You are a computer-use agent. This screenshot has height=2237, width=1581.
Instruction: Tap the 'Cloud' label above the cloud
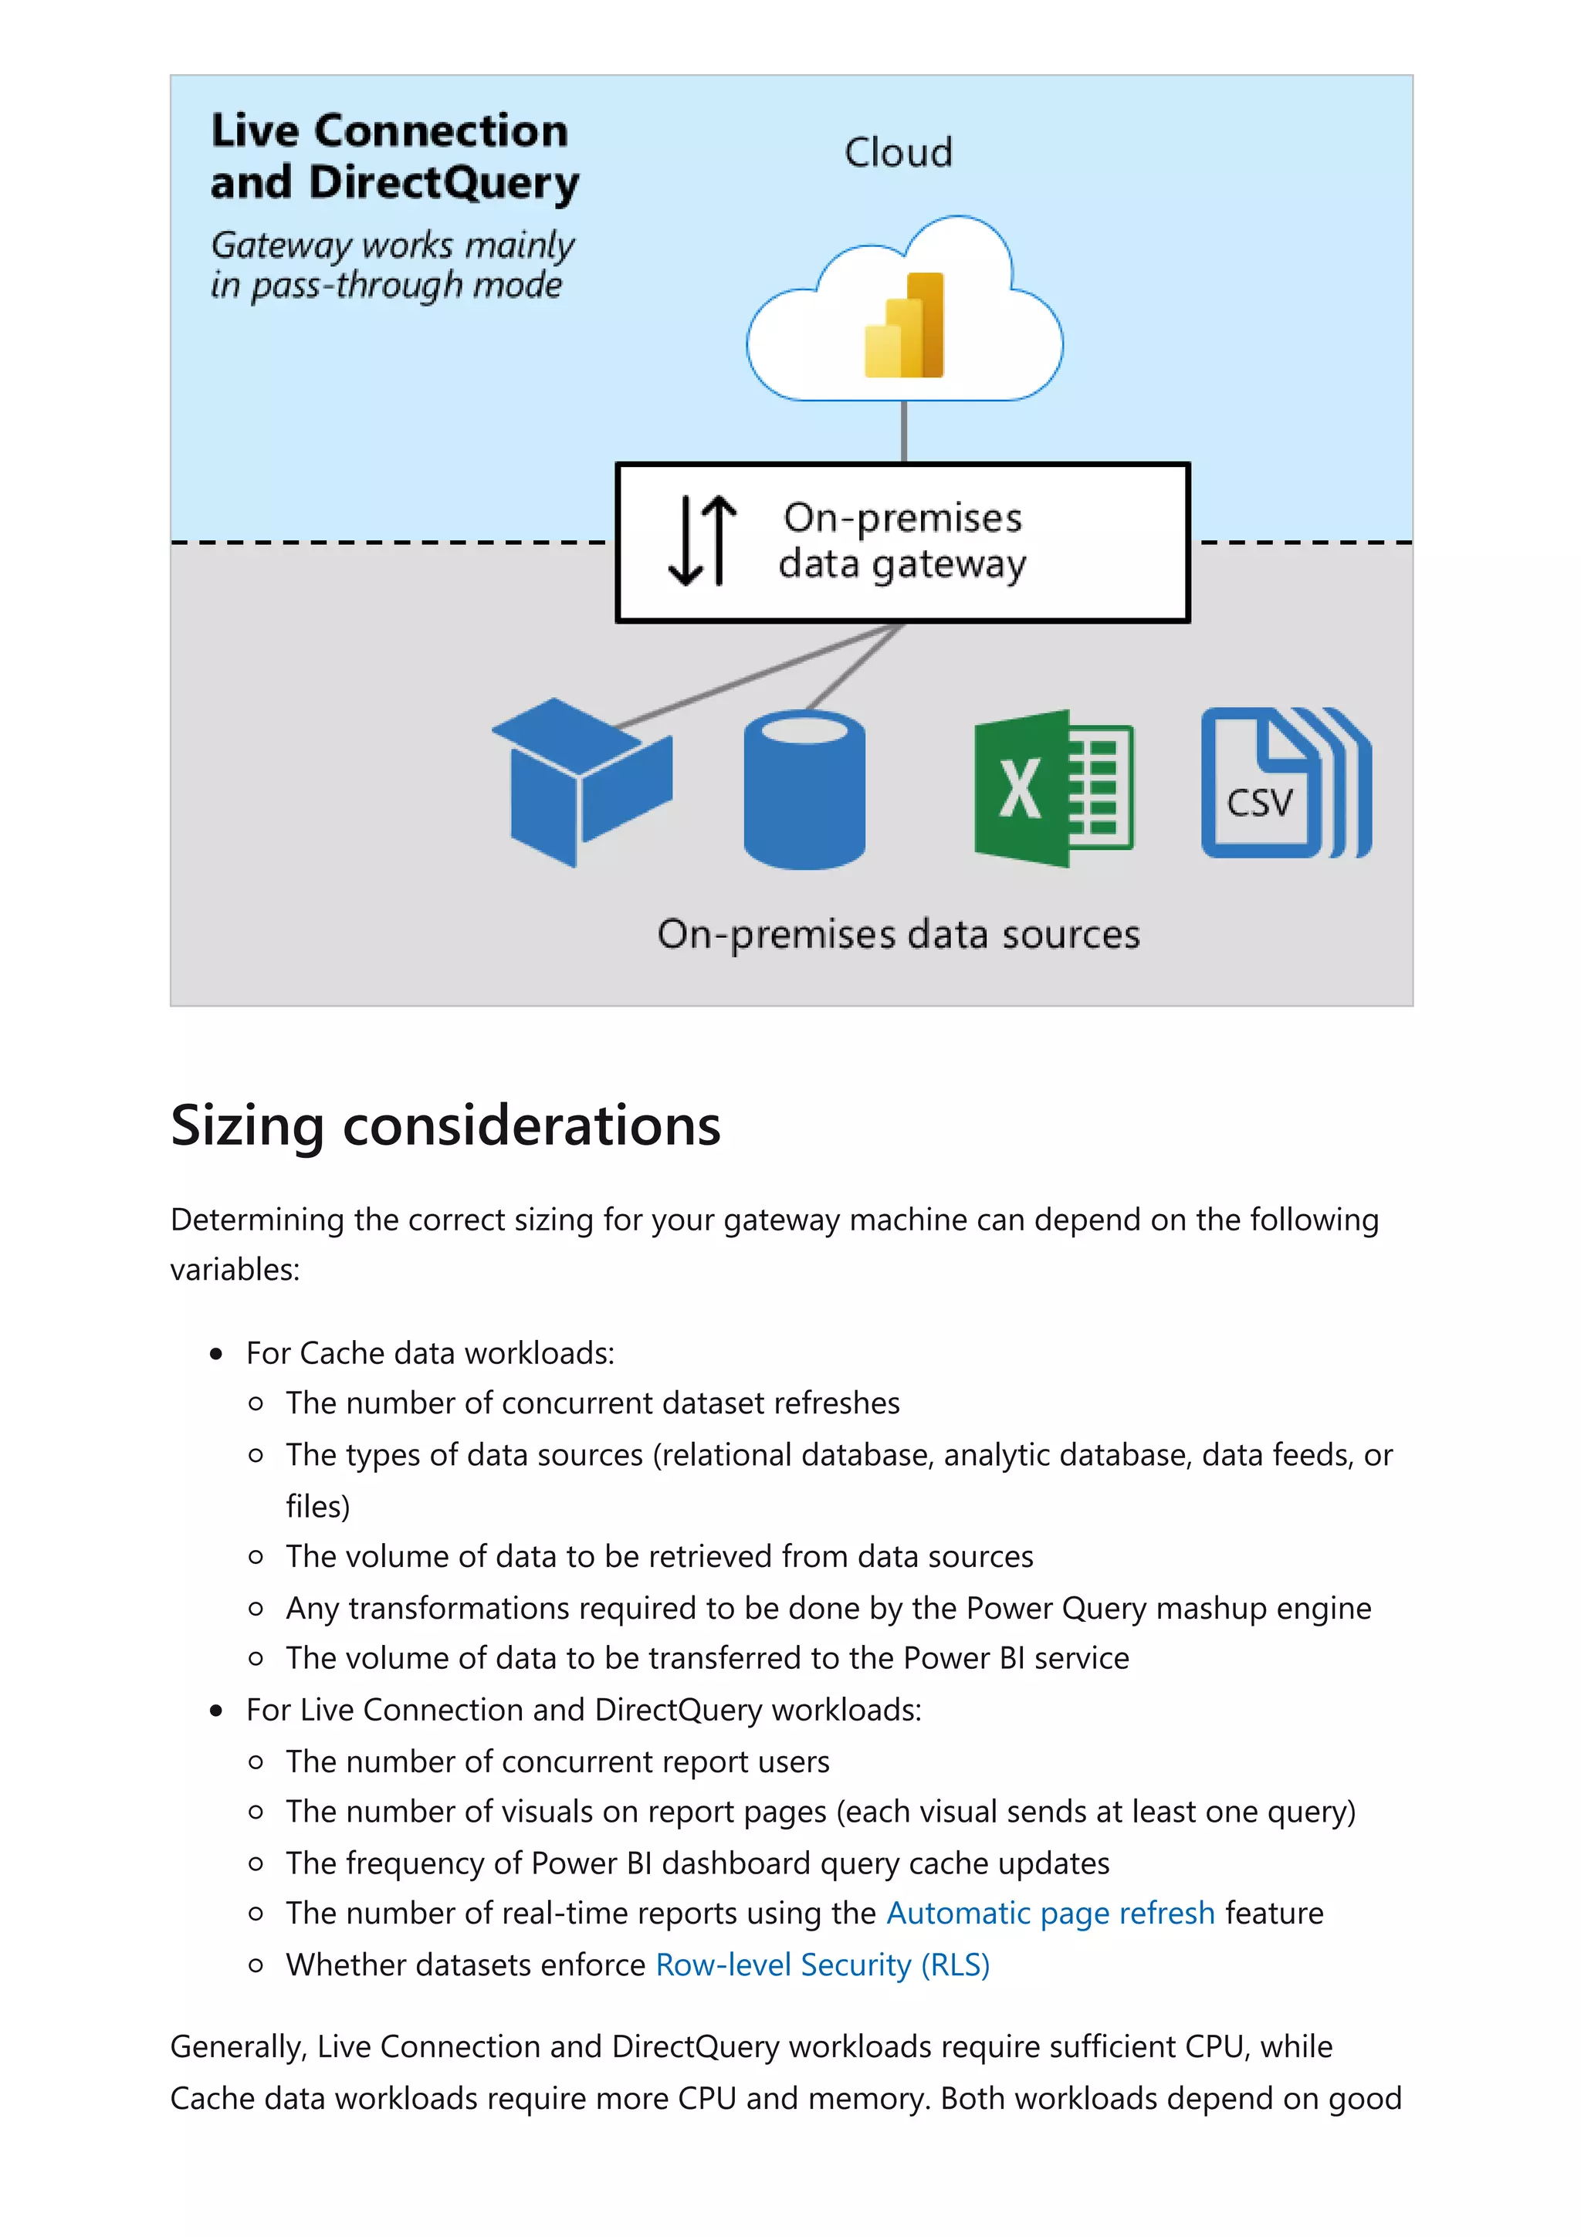coord(898,153)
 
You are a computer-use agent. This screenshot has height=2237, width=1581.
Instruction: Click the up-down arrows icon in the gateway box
coord(702,541)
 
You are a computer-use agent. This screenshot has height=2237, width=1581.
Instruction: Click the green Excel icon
coord(1053,789)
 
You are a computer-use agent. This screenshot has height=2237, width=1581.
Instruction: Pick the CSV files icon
coord(1285,784)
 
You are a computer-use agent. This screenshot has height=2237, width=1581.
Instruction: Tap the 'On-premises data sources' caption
coord(898,934)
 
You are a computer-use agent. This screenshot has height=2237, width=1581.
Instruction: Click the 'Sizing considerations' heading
coord(445,1125)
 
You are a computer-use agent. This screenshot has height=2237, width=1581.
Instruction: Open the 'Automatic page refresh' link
coord(1050,1914)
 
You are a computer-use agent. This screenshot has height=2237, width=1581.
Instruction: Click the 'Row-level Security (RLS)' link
coord(822,1965)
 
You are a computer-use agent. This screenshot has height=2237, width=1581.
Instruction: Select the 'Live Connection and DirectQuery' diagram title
coord(394,156)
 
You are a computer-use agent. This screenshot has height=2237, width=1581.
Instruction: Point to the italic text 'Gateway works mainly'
coord(393,245)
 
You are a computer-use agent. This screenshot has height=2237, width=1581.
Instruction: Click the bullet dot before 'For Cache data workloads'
coord(216,1353)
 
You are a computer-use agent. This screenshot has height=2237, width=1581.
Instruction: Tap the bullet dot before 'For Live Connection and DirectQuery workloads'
coord(216,1710)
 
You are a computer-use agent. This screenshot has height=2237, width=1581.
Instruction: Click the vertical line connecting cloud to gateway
coord(904,431)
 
